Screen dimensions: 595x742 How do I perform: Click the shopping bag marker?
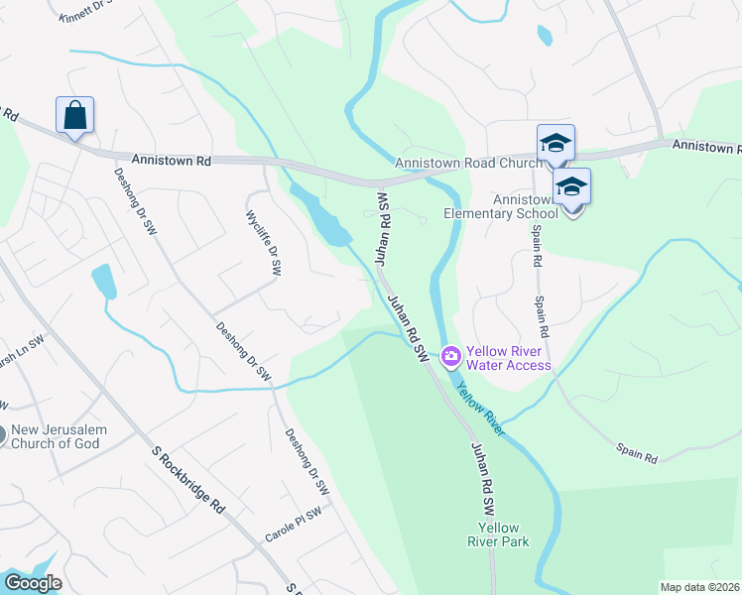tap(75, 116)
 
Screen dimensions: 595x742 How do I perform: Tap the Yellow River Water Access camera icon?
tap(451, 355)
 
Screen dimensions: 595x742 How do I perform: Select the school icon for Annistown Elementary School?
tap(572, 187)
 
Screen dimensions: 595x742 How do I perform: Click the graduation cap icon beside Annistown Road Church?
tap(556, 143)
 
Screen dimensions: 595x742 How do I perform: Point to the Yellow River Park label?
tap(500, 535)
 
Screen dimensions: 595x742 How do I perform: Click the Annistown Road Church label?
tap(467, 163)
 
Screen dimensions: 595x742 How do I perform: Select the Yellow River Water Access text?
tap(508, 358)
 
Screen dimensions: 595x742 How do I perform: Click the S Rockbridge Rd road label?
tap(187, 478)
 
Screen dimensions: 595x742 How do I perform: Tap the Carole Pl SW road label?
tap(294, 526)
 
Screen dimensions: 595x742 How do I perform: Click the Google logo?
tap(33, 583)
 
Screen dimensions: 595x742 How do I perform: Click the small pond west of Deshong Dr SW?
tap(103, 282)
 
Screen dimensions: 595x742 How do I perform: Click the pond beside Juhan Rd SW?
tap(322, 218)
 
